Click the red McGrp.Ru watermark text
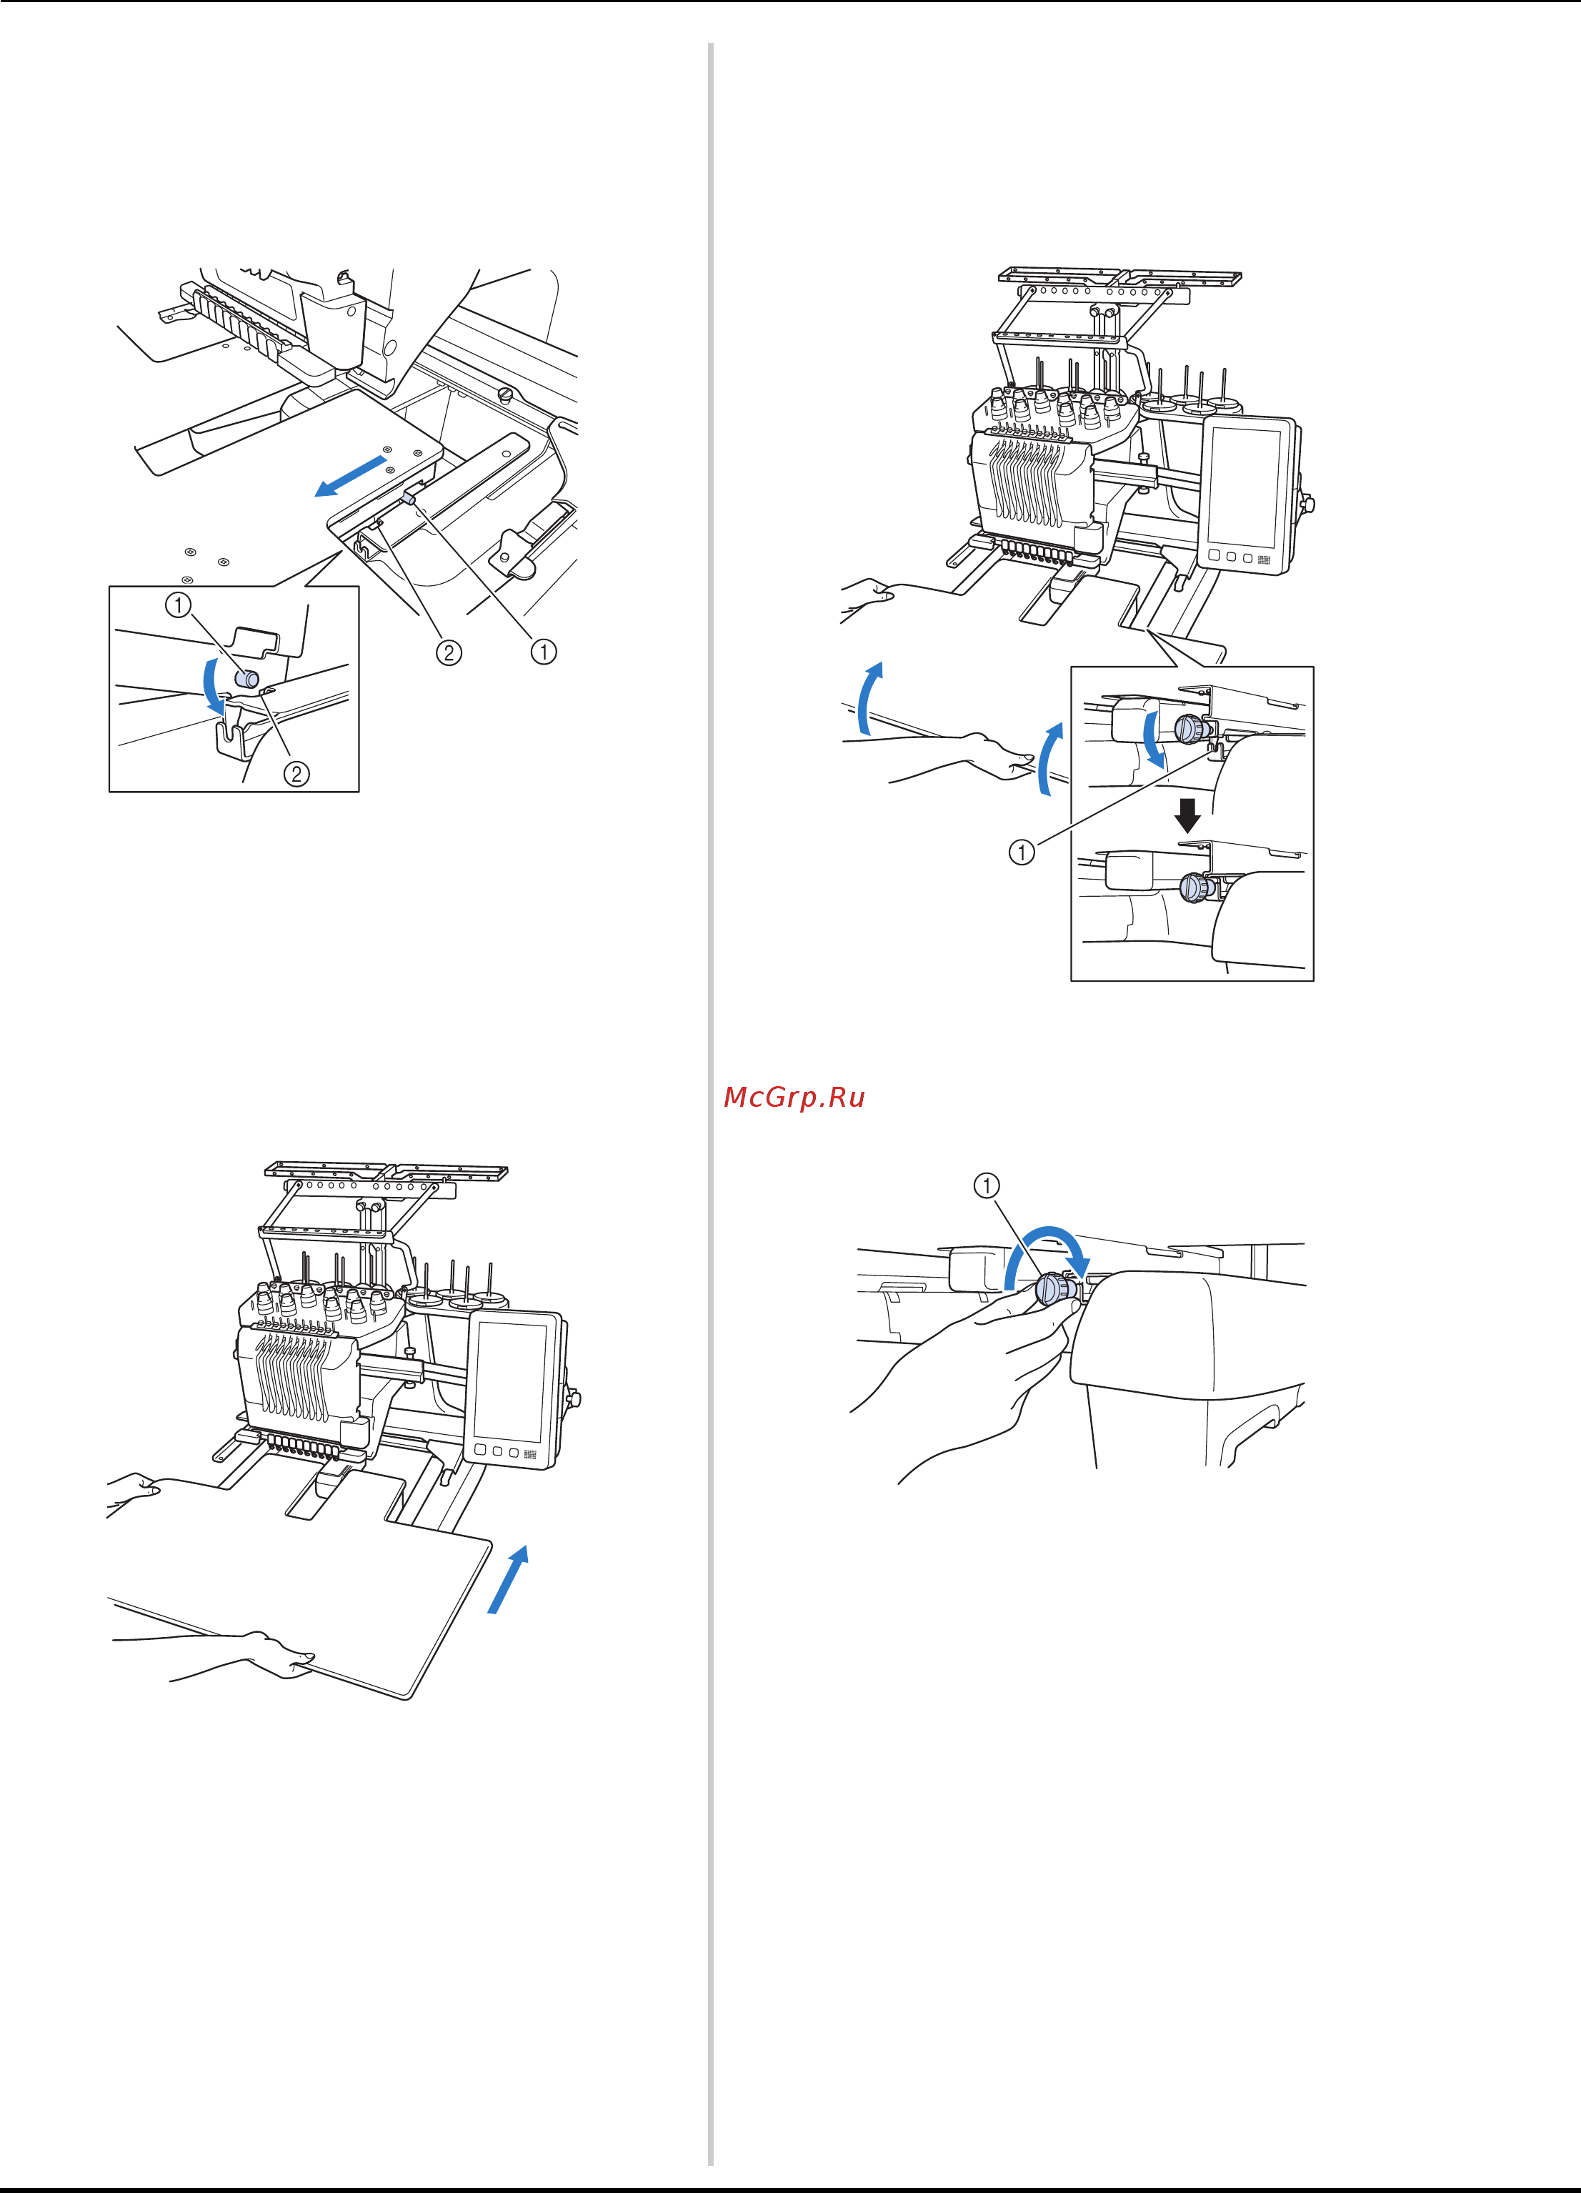[x=794, y=1098]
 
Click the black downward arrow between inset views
[x=1187, y=815]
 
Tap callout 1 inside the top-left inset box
[x=178, y=605]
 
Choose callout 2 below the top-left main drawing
[x=448, y=652]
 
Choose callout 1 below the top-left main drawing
[x=544, y=652]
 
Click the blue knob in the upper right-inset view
[x=1187, y=728]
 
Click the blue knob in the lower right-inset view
[x=1195, y=886]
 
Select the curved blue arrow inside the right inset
[x=1152, y=737]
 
